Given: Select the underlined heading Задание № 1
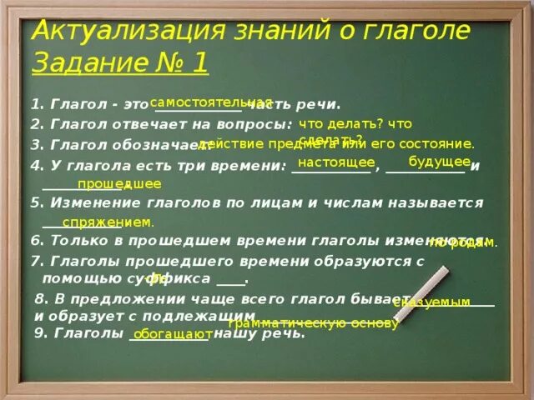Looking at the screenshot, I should coord(121,62).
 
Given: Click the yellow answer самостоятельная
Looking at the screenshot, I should coord(210,101).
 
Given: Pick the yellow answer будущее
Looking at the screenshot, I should coord(440,161).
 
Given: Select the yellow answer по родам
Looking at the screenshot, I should coord(463,242).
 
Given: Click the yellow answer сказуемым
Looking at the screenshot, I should coord(431,302).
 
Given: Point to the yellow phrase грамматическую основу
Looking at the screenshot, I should coord(313,323).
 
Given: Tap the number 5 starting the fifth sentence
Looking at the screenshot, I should coord(34,202).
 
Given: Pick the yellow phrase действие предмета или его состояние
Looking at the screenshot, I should coord(336,143).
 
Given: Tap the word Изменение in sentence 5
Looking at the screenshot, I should coord(86,202).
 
